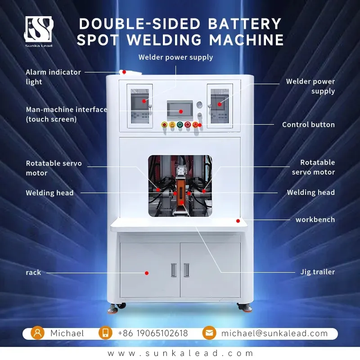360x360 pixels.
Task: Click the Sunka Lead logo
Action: [39, 31]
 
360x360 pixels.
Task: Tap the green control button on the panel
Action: [180, 125]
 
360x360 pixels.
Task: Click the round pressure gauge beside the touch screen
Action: [199, 105]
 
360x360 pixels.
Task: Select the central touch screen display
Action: [180, 110]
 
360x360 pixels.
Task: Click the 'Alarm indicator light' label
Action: [53, 77]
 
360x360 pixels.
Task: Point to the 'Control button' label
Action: [308, 125]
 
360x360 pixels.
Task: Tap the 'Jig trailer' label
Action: [318, 272]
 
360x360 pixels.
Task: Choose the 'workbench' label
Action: [315, 220]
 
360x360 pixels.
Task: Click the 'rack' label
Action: [33, 273]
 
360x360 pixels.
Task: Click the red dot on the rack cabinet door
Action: [147, 273]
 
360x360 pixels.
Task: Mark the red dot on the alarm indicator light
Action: [124, 72]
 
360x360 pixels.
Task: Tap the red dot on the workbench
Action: [238, 221]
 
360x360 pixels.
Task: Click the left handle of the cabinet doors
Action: [174, 270]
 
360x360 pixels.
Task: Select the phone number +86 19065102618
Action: [153, 333]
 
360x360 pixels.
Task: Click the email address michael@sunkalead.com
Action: [274, 333]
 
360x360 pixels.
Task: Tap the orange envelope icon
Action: [209, 333]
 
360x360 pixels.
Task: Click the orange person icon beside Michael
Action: [38, 333]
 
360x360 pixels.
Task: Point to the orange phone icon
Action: [105, 333]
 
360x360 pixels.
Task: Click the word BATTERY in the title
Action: [245, 24]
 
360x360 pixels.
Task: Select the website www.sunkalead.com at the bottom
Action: [180, 353]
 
